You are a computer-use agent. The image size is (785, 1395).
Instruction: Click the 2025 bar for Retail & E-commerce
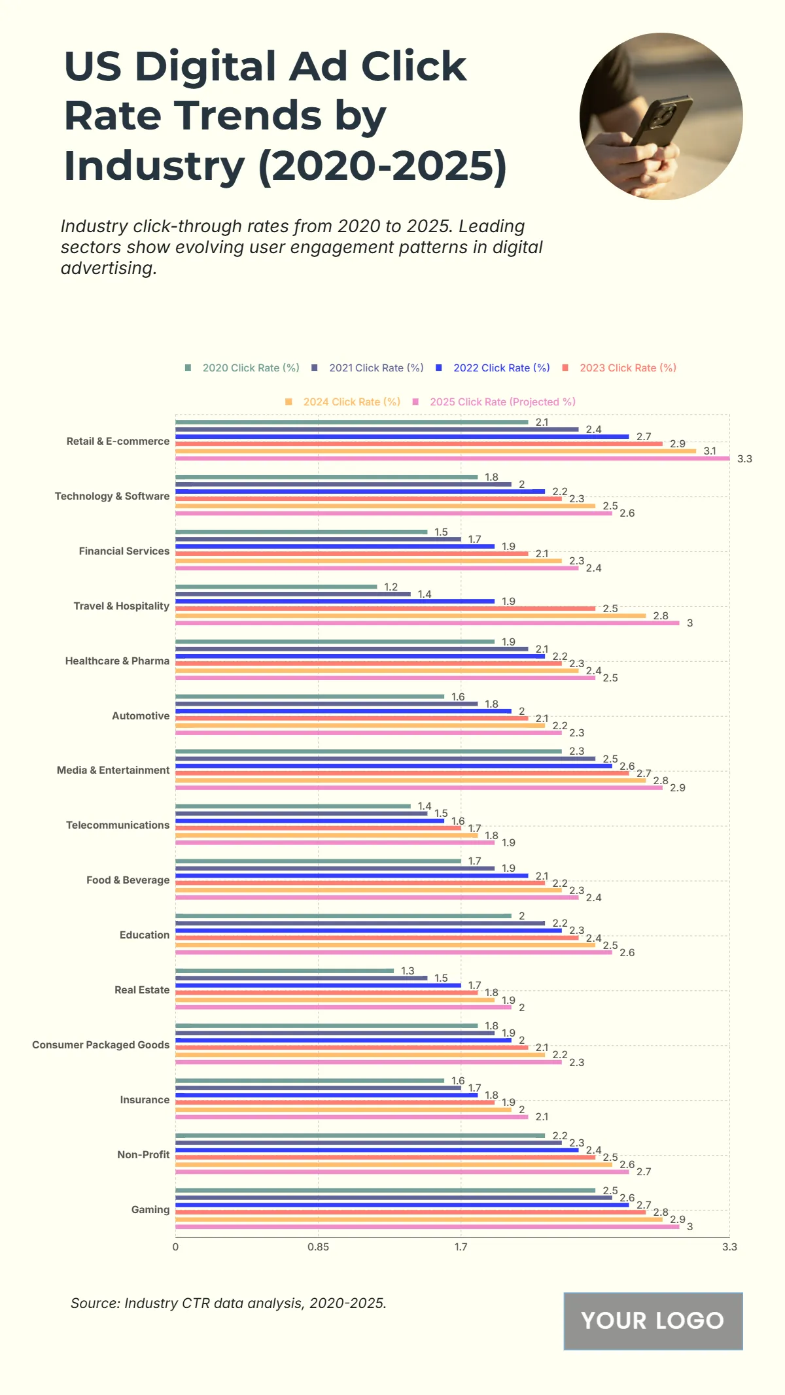pyautogui.click(x=451, y=458)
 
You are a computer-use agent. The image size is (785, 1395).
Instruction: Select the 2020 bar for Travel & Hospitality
pyautogui.click(x=276, y=587)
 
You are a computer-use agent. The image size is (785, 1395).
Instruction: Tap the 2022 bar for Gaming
pyautogui.click(x=402, y=1205)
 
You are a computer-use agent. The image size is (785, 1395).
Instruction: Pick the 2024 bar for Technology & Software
pyautogui.click(x=385, y=506)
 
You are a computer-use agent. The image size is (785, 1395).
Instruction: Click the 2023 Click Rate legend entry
pyautogui.click(x=619, y=368)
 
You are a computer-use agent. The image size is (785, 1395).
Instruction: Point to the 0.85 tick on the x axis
pyautogui.click(x=318, y=1247)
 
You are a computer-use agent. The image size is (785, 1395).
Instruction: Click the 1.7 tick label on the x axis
pyautogui.click(x=461, y=1247)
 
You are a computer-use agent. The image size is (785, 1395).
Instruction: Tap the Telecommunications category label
pyautogui.click(x=118, y=825)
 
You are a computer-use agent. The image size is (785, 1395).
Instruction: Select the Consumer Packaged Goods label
pyautogui.click(x=101, y=1045)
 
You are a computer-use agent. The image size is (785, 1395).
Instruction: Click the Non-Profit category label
pyautogui.click(x=143, y=1155)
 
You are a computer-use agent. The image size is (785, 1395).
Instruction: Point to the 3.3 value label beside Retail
pyautogui.click(x=744, y=459)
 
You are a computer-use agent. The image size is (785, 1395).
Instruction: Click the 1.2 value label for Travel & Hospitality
pyautogui.click(x=391, y=587)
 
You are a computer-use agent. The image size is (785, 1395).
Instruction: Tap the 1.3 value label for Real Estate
pyautogui.click(x=408, y=971)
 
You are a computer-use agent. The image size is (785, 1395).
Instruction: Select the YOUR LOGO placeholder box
pyautogui.click(x=653, y=1320)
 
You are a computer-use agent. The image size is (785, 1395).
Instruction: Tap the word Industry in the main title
pyautogui.click(x=154, y=165)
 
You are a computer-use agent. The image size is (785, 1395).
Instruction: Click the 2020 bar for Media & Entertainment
pyautogui.click(x=368, y=751)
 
